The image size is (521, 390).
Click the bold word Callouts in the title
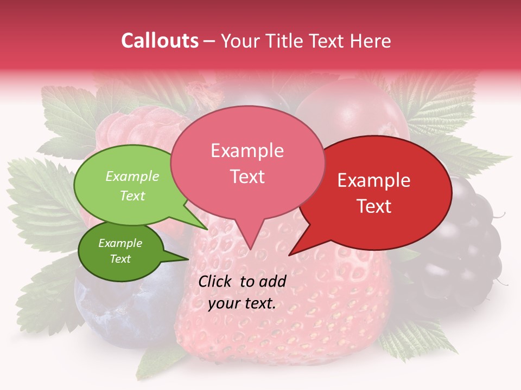[x=160, y=41]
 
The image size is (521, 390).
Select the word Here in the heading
[x=371, y=41]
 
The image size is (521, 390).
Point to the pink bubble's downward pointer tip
[x=250, y=249]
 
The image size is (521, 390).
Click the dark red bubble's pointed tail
[x=291, y=253]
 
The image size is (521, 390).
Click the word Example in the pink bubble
[x=247, y=151]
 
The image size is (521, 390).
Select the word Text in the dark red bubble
[x=374, y=206]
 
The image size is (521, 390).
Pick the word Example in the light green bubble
[x=132, y=177]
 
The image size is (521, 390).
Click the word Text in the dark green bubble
[x=120, y=259]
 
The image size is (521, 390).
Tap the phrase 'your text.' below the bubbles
[x=242, y=304]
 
